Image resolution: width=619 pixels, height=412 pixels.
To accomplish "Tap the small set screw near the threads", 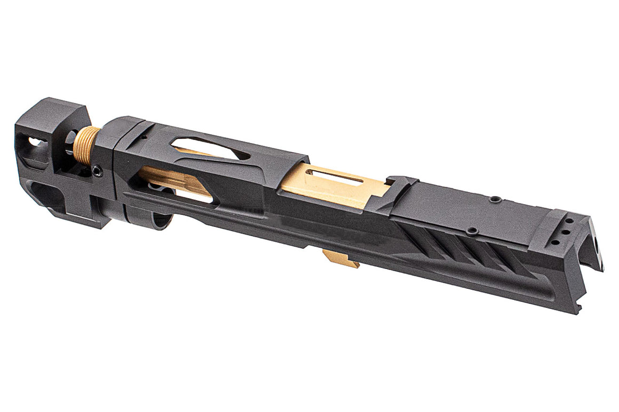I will [x=96, y=170].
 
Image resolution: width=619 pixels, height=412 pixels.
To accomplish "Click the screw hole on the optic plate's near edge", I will [x=471, y=232].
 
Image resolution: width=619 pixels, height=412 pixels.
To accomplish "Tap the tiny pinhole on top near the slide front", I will [x=144, y=137].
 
